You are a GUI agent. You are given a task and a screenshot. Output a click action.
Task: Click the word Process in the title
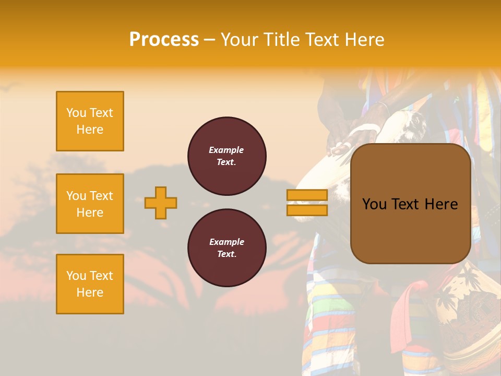point(164,40)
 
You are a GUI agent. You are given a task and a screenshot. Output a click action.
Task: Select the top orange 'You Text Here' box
point(90,121)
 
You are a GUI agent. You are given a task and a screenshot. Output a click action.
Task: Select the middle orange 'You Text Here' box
point(90,204)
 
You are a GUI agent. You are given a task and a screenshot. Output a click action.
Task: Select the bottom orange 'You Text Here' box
point(90,284)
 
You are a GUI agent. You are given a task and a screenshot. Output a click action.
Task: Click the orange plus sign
point(161,203)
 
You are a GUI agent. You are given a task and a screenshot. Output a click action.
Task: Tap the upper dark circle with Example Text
point(227,156)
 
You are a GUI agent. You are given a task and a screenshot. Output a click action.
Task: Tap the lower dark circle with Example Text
point(227,248)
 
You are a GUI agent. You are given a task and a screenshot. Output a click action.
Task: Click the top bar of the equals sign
point(307,195)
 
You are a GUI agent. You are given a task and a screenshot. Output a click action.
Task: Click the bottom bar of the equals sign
point(307,210)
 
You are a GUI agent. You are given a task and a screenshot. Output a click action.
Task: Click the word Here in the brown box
point(441,204)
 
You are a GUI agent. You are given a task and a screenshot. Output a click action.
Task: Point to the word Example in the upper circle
point(226,150)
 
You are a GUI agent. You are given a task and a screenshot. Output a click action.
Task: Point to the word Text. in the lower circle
point(226,254)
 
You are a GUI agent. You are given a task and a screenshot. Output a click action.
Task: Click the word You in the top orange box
point(76,113)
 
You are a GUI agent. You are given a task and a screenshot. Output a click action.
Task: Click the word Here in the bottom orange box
point(90,292)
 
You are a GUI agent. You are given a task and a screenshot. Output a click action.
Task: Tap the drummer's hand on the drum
point(342,147)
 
